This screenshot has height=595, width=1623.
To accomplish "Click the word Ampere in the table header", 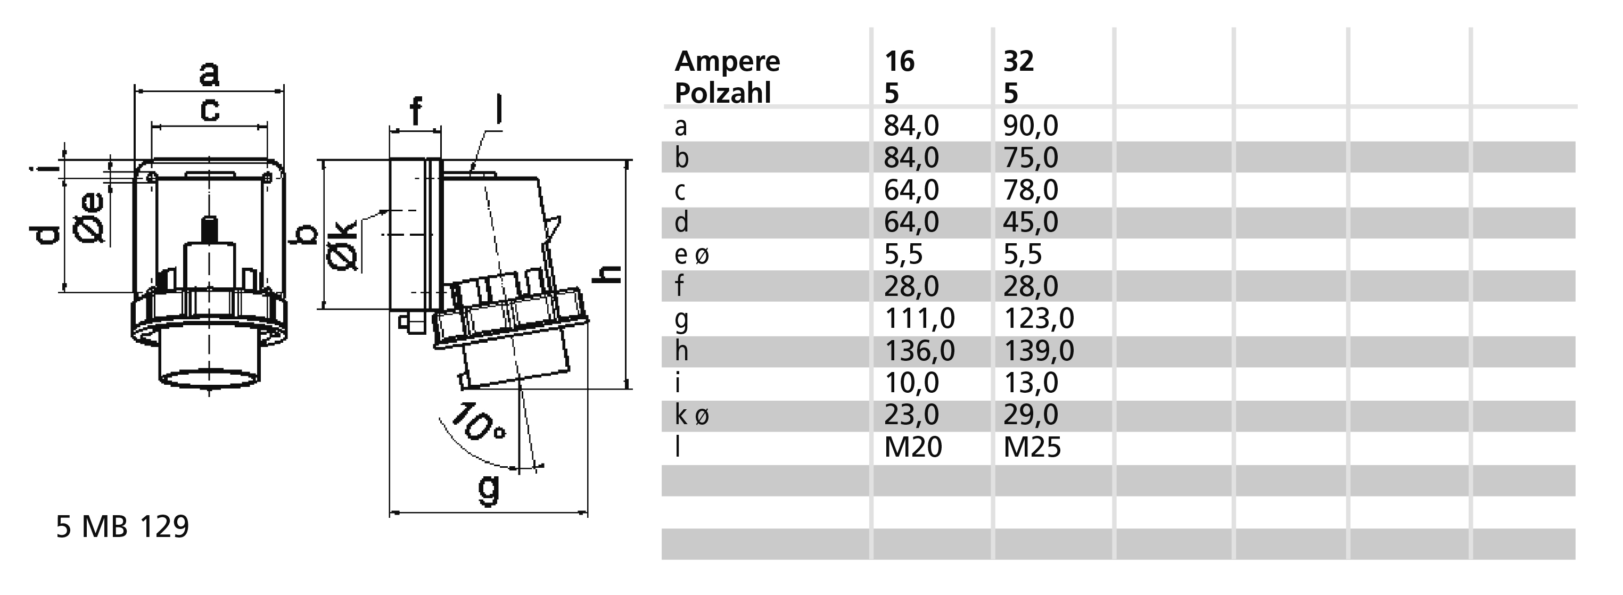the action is (727, 62).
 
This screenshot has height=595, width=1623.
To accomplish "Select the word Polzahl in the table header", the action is (723, 93).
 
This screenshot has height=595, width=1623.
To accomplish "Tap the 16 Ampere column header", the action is (899, 62).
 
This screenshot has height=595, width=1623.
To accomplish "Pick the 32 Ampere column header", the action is (1019, 62).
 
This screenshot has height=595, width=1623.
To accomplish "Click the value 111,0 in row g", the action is (920, 319).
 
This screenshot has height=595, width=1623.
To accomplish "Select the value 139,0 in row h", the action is (1039, 351).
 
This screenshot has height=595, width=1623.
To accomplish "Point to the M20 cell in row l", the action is (913, 447).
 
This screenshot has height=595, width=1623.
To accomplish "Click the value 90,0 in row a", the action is (1031, 126).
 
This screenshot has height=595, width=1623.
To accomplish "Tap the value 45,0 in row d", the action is (1031, 222).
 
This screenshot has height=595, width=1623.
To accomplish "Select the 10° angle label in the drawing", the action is (477, 423).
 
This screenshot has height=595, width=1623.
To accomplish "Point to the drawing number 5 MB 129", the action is (123, 526).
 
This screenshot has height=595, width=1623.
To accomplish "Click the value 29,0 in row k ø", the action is (1031, 415).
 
